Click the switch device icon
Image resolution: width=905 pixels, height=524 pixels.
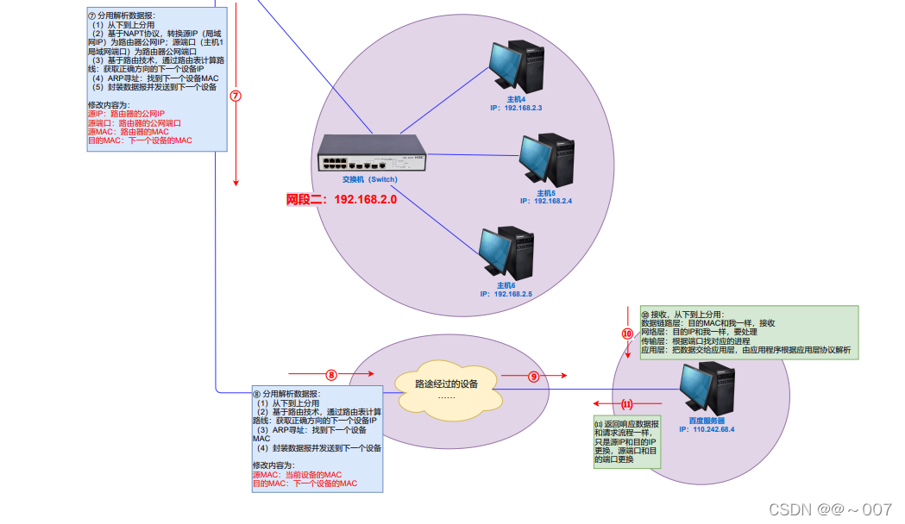pyautogui.click(x=370, y=156)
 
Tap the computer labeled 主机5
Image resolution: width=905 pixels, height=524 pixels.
pyautogui.click(x=547, y=159)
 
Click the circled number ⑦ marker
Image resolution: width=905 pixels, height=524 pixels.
pyautogui.click(x=236, y=97)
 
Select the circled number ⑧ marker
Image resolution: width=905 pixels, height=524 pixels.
pyautogui.click(x=330, y=375)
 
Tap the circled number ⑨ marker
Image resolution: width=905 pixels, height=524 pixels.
pyautogui.click(x=533, y=377)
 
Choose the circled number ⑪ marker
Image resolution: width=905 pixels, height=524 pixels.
pyautogui.click(x=627, y=403)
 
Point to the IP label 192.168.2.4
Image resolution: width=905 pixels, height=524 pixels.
pyautogui.click(x=546, y=201)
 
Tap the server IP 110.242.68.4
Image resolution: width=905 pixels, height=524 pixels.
pyautogui.click(x=707, y=429)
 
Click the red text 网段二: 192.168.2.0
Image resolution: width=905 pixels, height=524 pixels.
pyautogui.click(x=342, y=200)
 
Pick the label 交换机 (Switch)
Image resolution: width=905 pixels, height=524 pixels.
pyautogui.click(x=370, y=180)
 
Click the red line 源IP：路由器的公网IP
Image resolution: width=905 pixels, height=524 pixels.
pyautogui.click(x=126, y=114)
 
